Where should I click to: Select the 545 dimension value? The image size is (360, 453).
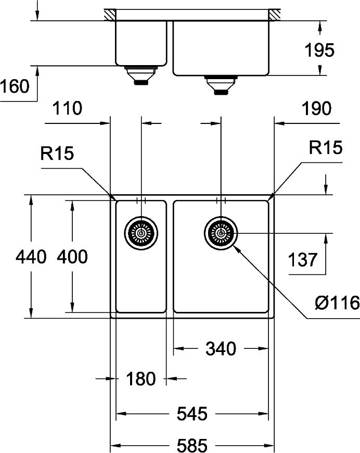pyautogui.click(x=192, y=414)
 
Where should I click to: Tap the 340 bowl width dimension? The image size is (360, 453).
pyautogui.click(x=221, y=348)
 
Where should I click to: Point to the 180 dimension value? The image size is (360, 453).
pyautogui.click(x=140, y=379)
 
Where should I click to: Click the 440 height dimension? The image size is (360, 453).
pyautogui.click(x=31, y=256)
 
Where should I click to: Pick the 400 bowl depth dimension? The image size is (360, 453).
pyautogui.click(x=72, y=256)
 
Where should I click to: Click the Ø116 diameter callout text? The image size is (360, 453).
pyautogui.click(x=337, y=302)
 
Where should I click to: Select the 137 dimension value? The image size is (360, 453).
pyautogui.click(x=304, y=259)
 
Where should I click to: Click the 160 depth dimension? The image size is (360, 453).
pyautogui.click(x=15, y=86)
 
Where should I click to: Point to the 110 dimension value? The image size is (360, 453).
pyautogui.click(x=67, y=108)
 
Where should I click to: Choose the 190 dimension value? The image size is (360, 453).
pyautogui.click(x=316, y=108)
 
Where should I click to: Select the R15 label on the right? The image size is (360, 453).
pyautogui.click(x=326, y=148)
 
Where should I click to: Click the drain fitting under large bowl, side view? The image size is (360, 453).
pyautogui.click(x=221, y=85)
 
